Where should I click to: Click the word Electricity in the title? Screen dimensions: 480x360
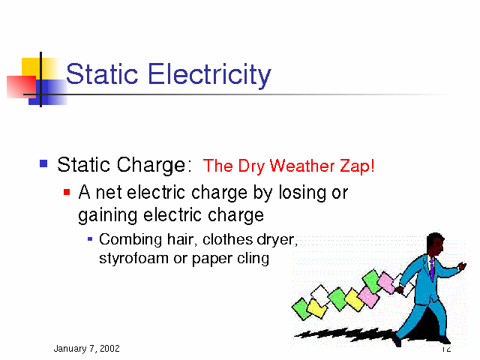pos(210,74)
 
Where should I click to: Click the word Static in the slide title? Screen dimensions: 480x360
pos(102,73)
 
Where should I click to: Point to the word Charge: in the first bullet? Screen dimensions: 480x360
pos(151,165)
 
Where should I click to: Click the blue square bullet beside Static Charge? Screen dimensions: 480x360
pos(43,163)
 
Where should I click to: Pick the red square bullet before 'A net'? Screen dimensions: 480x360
pos(67,192)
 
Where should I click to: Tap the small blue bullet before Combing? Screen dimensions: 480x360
pos(90,238)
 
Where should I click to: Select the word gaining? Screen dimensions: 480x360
pos(108,215)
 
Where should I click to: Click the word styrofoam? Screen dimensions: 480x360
pos(133,259)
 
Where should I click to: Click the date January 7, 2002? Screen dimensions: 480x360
pos(87,348)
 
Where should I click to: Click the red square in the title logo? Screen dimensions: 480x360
pos(22,87)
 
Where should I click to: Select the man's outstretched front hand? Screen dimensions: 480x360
pos(463,265)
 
